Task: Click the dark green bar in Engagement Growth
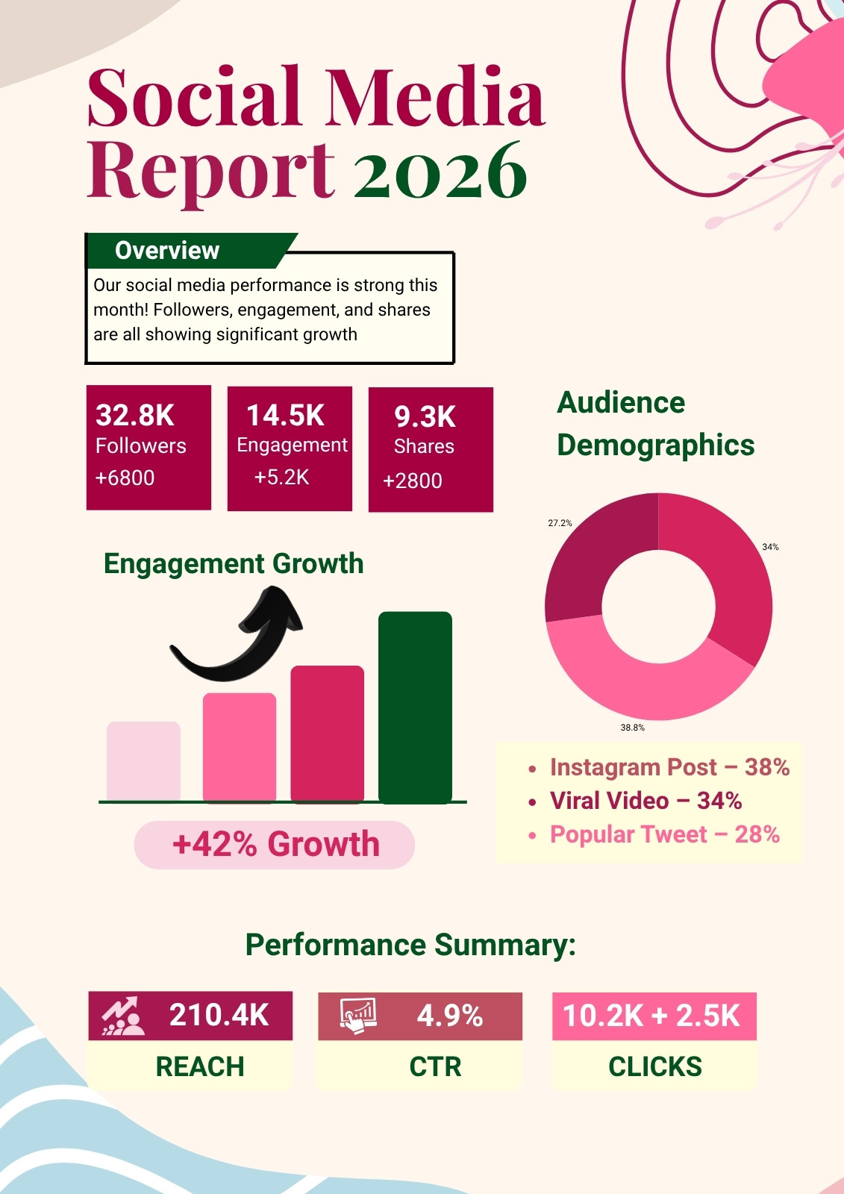(x=415, y=707)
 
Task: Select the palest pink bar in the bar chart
(x=143, y=761)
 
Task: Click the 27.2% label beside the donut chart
(x=560, y=523)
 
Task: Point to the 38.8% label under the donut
(x=632, y=727)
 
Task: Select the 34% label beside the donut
(x=770, y=547)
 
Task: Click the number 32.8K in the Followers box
(x=135, y=415)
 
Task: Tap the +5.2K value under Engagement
(x=281, y=477)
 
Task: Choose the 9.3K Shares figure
(x=425, y=417)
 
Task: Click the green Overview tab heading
(x=167, y=251)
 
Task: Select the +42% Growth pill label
(x=275, y=844)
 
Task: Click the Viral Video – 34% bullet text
(x=645, y=801)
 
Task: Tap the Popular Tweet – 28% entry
(x=665, y=834)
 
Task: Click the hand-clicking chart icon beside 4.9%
(x=358, y=1016)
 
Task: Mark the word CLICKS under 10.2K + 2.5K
(x=654, y=1066)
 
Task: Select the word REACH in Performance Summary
(x=200, y=1066)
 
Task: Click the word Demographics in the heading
(x=656, y=445)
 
